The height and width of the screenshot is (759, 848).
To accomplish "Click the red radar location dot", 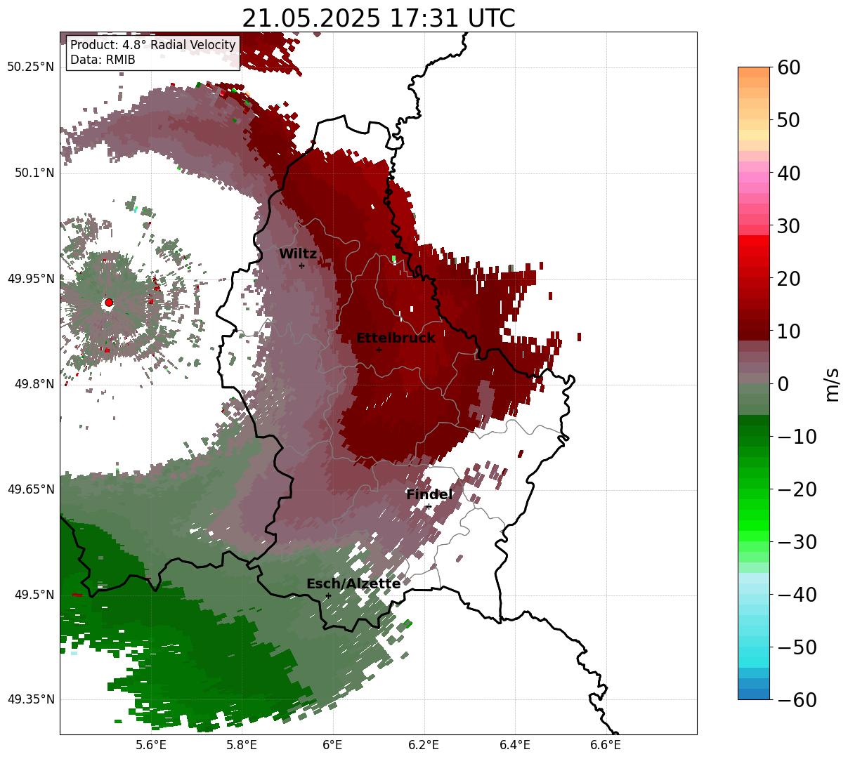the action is click(109, 302).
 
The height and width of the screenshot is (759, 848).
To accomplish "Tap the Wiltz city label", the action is click(298, 253).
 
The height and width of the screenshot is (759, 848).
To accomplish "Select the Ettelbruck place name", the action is click(396, 338).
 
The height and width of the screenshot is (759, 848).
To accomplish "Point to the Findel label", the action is click(429, 494).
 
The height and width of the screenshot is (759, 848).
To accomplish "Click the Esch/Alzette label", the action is click(353, 583).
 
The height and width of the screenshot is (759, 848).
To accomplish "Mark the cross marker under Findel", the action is click(429, 506).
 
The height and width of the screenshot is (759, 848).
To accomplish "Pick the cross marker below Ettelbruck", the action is click(379, 350).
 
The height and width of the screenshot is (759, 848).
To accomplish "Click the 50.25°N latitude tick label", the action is click(30, 67).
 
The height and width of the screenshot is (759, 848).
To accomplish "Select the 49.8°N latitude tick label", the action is click(34, 383).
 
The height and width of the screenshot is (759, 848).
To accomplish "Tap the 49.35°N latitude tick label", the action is click(30, 699).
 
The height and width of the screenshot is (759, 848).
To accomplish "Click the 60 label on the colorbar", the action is click(788, 67).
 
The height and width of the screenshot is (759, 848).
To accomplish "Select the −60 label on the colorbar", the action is click(797, 699).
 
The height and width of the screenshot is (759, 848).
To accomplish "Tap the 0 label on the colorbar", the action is click(783, 383).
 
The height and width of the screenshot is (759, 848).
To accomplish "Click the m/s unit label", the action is click(832, 385).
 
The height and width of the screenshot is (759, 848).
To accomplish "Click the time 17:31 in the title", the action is click(423, 18).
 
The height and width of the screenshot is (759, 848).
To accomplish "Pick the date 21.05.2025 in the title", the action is click(311, 18).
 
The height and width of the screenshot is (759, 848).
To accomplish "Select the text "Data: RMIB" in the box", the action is click(103, 60).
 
